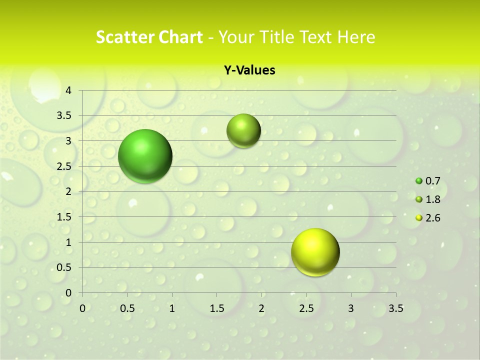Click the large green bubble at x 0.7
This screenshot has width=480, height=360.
click(145, 156)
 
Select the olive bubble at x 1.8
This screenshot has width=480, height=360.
click(243, 130)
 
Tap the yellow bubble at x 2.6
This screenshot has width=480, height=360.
click(315, 252)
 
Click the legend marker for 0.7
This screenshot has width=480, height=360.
click(419, 181)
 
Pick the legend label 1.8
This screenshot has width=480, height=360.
click(433, 199)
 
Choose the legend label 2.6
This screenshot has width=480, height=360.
click(433, 218)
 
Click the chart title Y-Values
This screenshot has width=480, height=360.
click(249, 70)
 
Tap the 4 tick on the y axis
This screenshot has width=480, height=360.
click(69, 90)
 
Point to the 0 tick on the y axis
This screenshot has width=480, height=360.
click(69, 293)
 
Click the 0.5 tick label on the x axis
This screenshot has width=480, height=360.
click(127, 308)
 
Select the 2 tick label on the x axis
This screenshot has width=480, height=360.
click(261, 308)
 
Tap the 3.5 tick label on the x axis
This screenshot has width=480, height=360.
click(395, 308)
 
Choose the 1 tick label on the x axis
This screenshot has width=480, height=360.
click(172, 308)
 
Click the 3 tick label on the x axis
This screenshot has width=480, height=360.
click(351, 308)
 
